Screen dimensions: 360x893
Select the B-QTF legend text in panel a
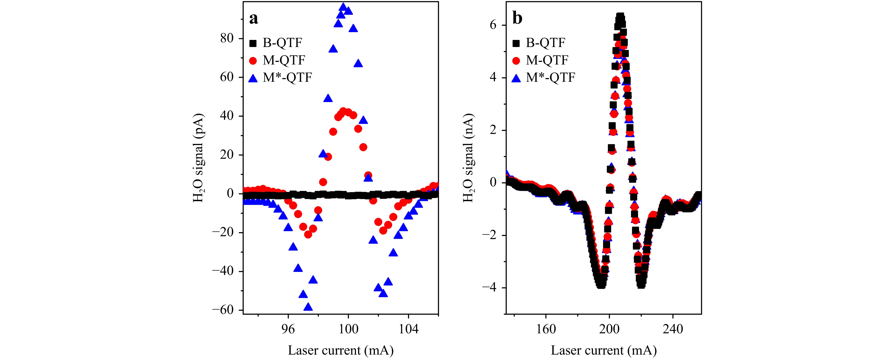click(x=282, y=43)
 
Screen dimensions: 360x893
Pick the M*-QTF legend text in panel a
click(x=287, y=78)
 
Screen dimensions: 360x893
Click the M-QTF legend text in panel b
click(x=547, y=60)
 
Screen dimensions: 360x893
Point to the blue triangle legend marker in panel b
click(x=516, y=78)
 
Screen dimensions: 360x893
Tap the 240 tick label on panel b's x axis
click(x=673, y=329)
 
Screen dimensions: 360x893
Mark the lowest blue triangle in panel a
click(x=308, y=307)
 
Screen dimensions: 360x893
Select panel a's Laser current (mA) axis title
click(x=341, y=350)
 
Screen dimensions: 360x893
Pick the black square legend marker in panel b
click(x=516, y=43)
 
